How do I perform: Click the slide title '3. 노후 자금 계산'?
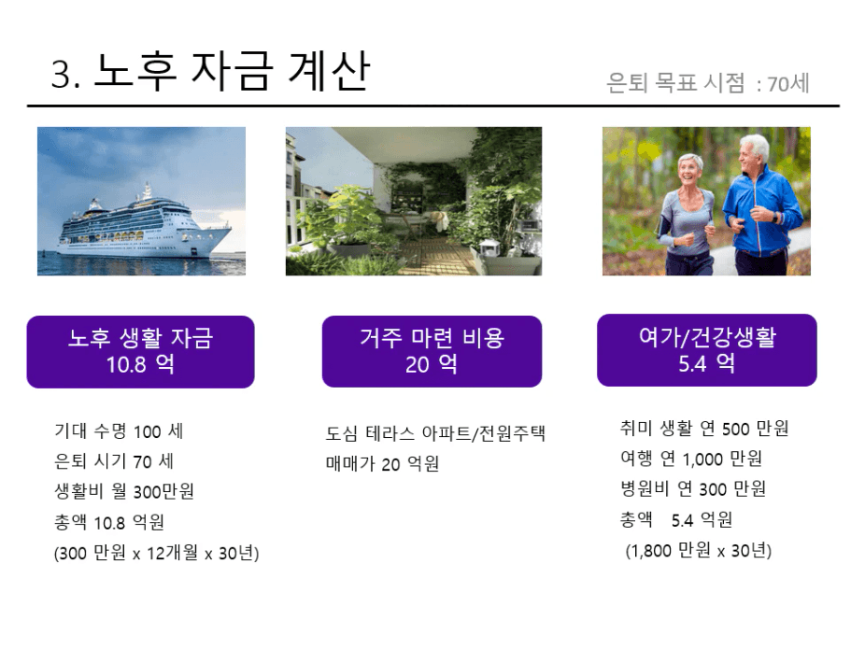tap(210, 71)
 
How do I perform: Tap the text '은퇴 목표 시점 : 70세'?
tap(708, 83)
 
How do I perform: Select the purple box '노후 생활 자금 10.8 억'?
tap(141, 352)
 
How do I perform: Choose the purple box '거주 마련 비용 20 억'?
tap(432, 351)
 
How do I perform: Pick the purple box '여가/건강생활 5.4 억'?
tap(707, 350)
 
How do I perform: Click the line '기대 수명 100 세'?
tap(119, 431)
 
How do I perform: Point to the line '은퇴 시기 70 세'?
tap(114, 461)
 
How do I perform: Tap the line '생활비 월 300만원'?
tap(124, 491)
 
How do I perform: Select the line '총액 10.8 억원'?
tap(109, 522)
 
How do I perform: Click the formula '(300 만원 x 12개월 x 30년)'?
tap(157, 553)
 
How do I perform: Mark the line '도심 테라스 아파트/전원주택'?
tap(435, 433)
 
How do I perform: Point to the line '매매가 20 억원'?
tap(382, 464)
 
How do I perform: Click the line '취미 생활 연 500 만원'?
tap(704, 429)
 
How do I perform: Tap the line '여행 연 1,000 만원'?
tap(691, 459)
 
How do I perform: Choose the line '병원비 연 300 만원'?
tap(693, 489)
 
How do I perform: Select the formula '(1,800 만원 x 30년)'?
tap(699, 550)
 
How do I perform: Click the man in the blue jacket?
tap(760, 206)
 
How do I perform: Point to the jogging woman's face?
tap(689, 171)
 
